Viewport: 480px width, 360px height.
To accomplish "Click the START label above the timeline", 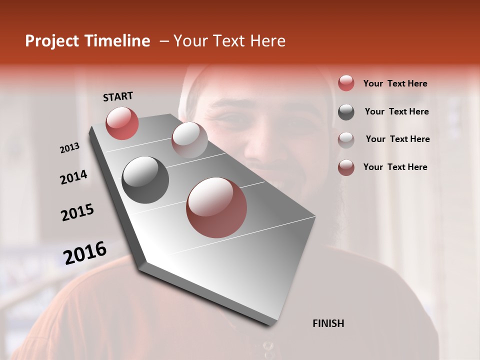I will coord(118,96).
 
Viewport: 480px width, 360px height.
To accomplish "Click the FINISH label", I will coord(328,323).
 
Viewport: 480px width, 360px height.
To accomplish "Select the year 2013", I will coord(69,148).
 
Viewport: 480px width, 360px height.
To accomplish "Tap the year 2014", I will coord(73,177).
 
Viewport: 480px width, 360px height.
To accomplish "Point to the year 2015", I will coord(77,213).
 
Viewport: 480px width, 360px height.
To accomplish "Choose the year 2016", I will coord(85,253).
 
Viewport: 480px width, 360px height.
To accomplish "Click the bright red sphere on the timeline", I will coord(122,123).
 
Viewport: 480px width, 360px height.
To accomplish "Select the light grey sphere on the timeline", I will coord(189,139).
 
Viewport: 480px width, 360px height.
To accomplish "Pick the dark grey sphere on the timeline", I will coord(145,180).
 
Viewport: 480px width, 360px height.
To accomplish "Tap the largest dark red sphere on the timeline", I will coord(216,207).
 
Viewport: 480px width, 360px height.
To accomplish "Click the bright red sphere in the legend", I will coord(346,83).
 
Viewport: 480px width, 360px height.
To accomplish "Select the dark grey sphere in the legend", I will coord(346,112).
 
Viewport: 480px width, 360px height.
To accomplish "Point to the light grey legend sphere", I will coord(346,139).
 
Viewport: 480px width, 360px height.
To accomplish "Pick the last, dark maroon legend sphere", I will coord(346,167).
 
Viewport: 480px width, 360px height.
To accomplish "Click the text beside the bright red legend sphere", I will coord(395,83).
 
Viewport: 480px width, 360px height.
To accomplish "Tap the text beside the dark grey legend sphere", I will coord(396,111).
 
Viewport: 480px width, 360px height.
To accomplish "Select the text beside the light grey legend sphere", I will coord(397,139).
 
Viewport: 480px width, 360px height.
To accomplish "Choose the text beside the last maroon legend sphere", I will coord(395,167).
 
